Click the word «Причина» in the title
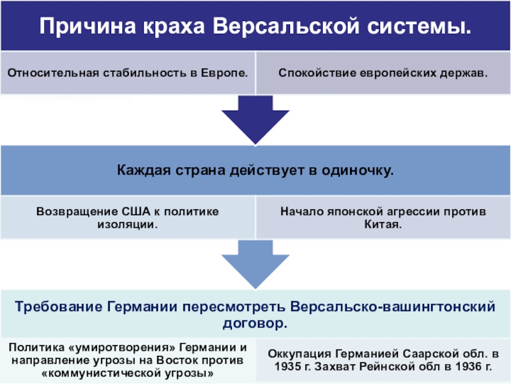88,26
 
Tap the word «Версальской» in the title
286,26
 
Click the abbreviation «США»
136,212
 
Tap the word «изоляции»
127,225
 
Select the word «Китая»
383,225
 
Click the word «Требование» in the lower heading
59,307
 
